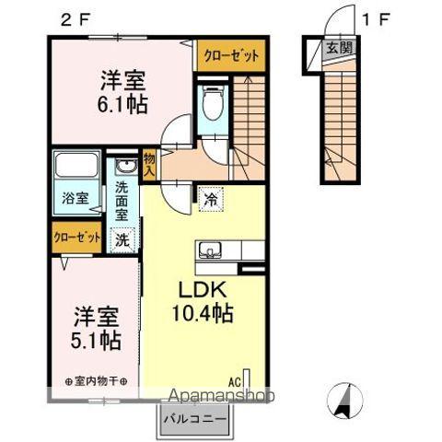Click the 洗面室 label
pos(122,201)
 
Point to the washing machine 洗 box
pos(121,239)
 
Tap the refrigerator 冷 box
pos(210,197)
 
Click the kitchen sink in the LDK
pos(211,249)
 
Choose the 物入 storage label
pos(150,165)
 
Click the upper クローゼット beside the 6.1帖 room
pos(231,55)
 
